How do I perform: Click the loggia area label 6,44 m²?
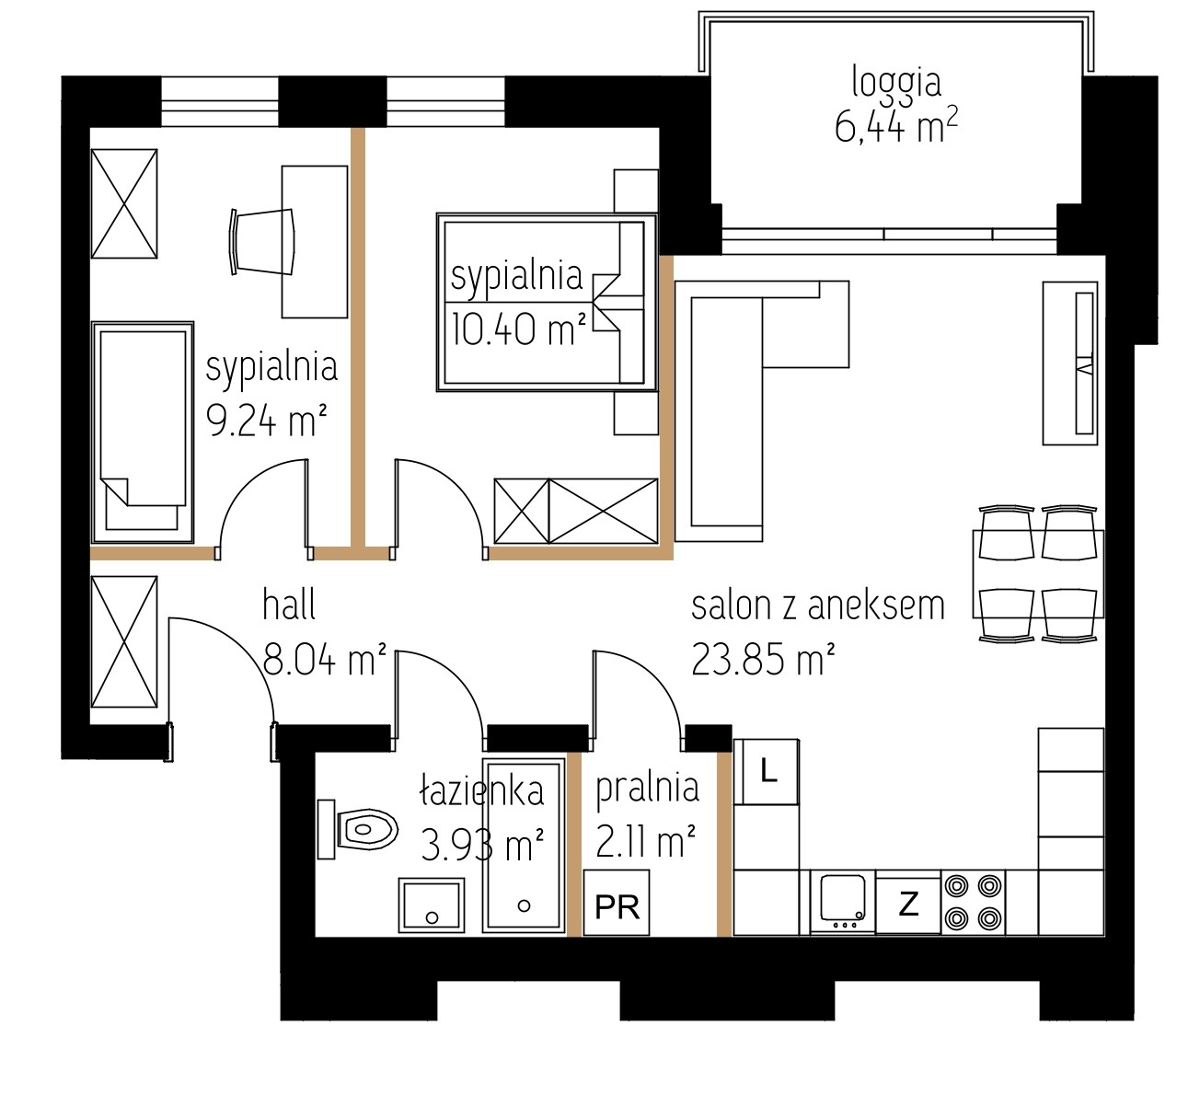(x=896, y=128)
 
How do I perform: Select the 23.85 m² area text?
(x=763, y=660)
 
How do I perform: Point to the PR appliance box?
(x=617, y=903)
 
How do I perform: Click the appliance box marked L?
(x=767, y=772)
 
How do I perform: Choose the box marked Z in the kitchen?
(x=908, y=904)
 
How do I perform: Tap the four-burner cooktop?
(x=974, y=903)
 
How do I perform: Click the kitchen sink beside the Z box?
(x=842, y=903)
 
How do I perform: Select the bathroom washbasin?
(x=432, y=905)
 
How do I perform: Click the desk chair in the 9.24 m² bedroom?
(x=261, y=242)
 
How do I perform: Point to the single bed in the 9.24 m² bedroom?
(x=143, y=432)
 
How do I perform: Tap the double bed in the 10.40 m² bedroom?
(x=547, y=302)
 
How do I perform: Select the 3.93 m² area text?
(x=482, y=845)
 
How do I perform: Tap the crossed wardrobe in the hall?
(x=124, y=641)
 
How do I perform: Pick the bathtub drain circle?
(x=524, y=905)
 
